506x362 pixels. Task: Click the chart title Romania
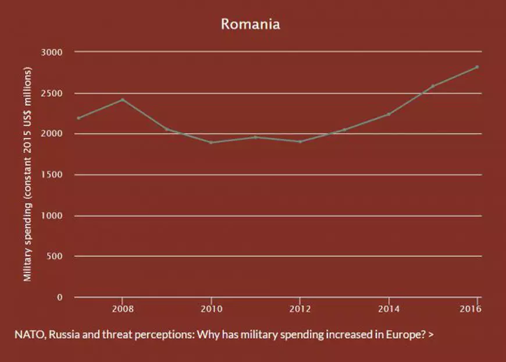(x=250, y=24)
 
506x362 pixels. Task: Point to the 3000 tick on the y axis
(x=52, y=52)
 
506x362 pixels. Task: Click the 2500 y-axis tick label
(x=52, y=93)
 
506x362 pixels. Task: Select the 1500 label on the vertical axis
(x=52, y=175)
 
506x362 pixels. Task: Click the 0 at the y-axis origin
(x=59, y=297)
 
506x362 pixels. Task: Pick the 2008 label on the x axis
(x=122, y=308)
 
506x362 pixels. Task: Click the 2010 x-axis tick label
(x=211, y=308)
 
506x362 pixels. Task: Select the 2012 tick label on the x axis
(x=300, y=308)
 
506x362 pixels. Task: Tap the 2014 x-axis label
(x=389, y=308)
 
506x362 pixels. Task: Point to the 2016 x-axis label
(x=474, y=308)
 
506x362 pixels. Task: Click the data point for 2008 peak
(x=122, y=100)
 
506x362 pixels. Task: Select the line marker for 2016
(x=478, y=67)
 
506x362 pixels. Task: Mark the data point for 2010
(x=211, y=142)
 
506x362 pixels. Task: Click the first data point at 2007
(x=78, y=118)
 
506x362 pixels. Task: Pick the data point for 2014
(x=389, y=114)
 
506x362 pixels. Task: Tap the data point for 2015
(x=433, y=86)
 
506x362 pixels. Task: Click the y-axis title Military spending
(x=27, y=175)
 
